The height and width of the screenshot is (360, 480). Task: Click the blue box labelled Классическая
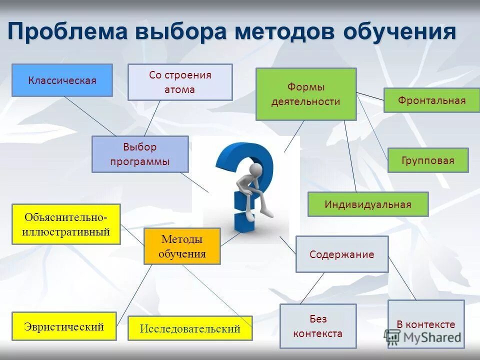(62, 80)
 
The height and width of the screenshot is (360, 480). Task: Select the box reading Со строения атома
(180, 82)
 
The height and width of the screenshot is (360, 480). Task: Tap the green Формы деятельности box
(306, 94)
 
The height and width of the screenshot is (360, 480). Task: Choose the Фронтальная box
(431, 100)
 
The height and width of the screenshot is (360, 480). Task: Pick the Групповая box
(428, 160)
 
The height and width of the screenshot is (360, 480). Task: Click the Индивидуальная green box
(367, 204)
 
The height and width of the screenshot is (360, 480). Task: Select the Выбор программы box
(140, 154)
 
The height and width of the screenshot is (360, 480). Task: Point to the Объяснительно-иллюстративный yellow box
(66, 224)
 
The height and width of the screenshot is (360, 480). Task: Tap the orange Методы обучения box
(182, 246)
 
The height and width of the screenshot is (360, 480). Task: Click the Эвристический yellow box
(64, 326)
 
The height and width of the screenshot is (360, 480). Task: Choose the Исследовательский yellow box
(190, 328)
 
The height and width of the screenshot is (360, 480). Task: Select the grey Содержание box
(341, 254)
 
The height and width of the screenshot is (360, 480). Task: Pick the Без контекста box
(318, 326)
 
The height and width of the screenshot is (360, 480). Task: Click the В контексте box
(425, 324)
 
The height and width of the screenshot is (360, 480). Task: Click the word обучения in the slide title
(399, 32)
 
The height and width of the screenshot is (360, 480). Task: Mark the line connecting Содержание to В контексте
(402, 278)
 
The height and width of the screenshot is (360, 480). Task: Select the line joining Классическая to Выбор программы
(90, 116)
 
